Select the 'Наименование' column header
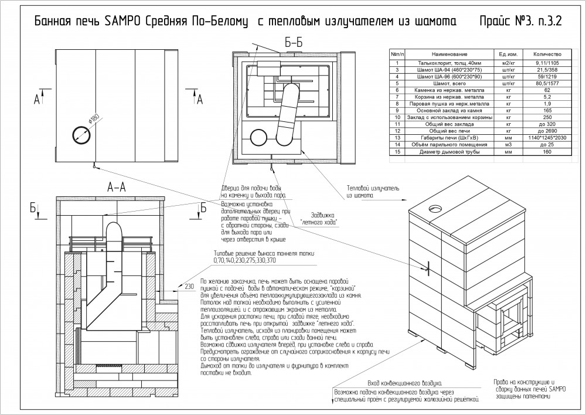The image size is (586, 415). pyautogui.click(x=447, y=53)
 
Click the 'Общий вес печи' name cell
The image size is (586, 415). pyautogui.click(x=447, y=130)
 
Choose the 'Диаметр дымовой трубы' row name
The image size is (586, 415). pyautogui.click(x=447, y=152)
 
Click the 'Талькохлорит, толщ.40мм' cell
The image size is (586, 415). pyautogui.click(x=447, y=62)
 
